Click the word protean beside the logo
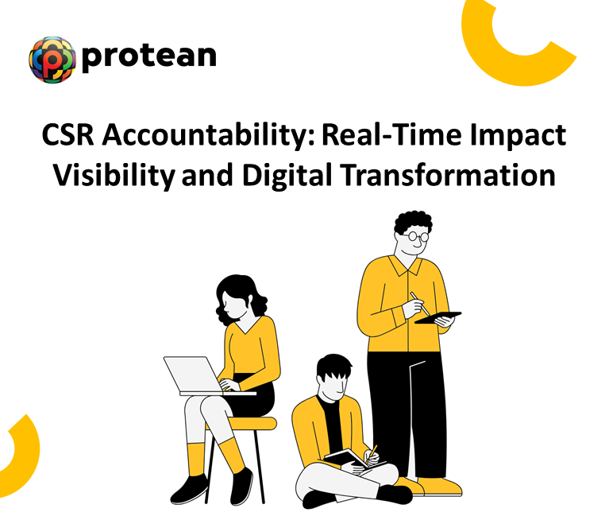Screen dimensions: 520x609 148,56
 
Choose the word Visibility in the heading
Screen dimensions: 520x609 114,175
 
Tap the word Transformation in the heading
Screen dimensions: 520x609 452,175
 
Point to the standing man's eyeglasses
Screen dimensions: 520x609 414,235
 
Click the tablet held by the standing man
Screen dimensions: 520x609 437,318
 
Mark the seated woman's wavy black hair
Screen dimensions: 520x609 237,296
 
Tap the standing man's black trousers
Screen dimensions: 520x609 409,413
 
